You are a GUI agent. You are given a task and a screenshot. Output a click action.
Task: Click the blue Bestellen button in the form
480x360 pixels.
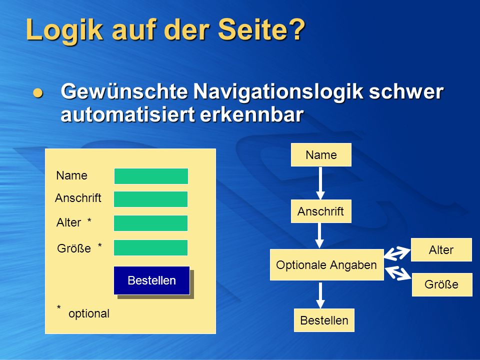[152, 280]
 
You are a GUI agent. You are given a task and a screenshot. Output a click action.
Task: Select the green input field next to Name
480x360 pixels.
[151, 176]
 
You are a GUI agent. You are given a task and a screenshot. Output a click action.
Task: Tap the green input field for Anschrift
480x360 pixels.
[151, 199]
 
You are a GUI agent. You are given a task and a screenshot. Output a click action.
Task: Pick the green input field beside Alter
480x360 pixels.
[151, 223]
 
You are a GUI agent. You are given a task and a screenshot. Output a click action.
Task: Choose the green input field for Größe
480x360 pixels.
[151, 247]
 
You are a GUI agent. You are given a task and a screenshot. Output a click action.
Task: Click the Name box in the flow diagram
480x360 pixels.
[321, 155]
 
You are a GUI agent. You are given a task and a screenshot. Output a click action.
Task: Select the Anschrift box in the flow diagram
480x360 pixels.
[321, 211]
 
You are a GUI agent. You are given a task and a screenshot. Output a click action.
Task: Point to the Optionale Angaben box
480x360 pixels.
[326, 265]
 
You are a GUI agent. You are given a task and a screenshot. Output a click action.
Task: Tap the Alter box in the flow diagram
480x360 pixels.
[441, 250]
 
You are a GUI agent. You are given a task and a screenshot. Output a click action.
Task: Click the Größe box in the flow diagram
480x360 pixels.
[442, 284]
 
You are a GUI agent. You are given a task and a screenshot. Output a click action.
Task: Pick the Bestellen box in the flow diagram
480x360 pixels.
[324, 320]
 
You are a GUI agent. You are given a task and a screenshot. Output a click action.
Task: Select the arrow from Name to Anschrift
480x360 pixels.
[320, 183]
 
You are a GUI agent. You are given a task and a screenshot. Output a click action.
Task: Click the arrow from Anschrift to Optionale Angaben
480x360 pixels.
[319, 235]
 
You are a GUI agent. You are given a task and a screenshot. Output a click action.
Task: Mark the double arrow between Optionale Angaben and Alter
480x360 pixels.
[397, 253]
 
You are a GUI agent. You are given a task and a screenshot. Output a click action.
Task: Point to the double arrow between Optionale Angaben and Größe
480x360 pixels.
[398, 273]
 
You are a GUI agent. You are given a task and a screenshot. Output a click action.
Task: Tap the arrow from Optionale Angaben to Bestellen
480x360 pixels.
[320, 295]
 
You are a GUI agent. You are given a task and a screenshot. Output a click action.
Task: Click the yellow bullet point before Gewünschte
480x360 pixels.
[38, 92]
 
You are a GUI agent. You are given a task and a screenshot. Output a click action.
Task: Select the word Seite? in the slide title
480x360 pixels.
[261, 29]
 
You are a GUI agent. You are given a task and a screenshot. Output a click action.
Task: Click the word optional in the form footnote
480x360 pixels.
[89, 313]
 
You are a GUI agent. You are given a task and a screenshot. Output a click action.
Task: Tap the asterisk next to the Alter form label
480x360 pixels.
[89, 220]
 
